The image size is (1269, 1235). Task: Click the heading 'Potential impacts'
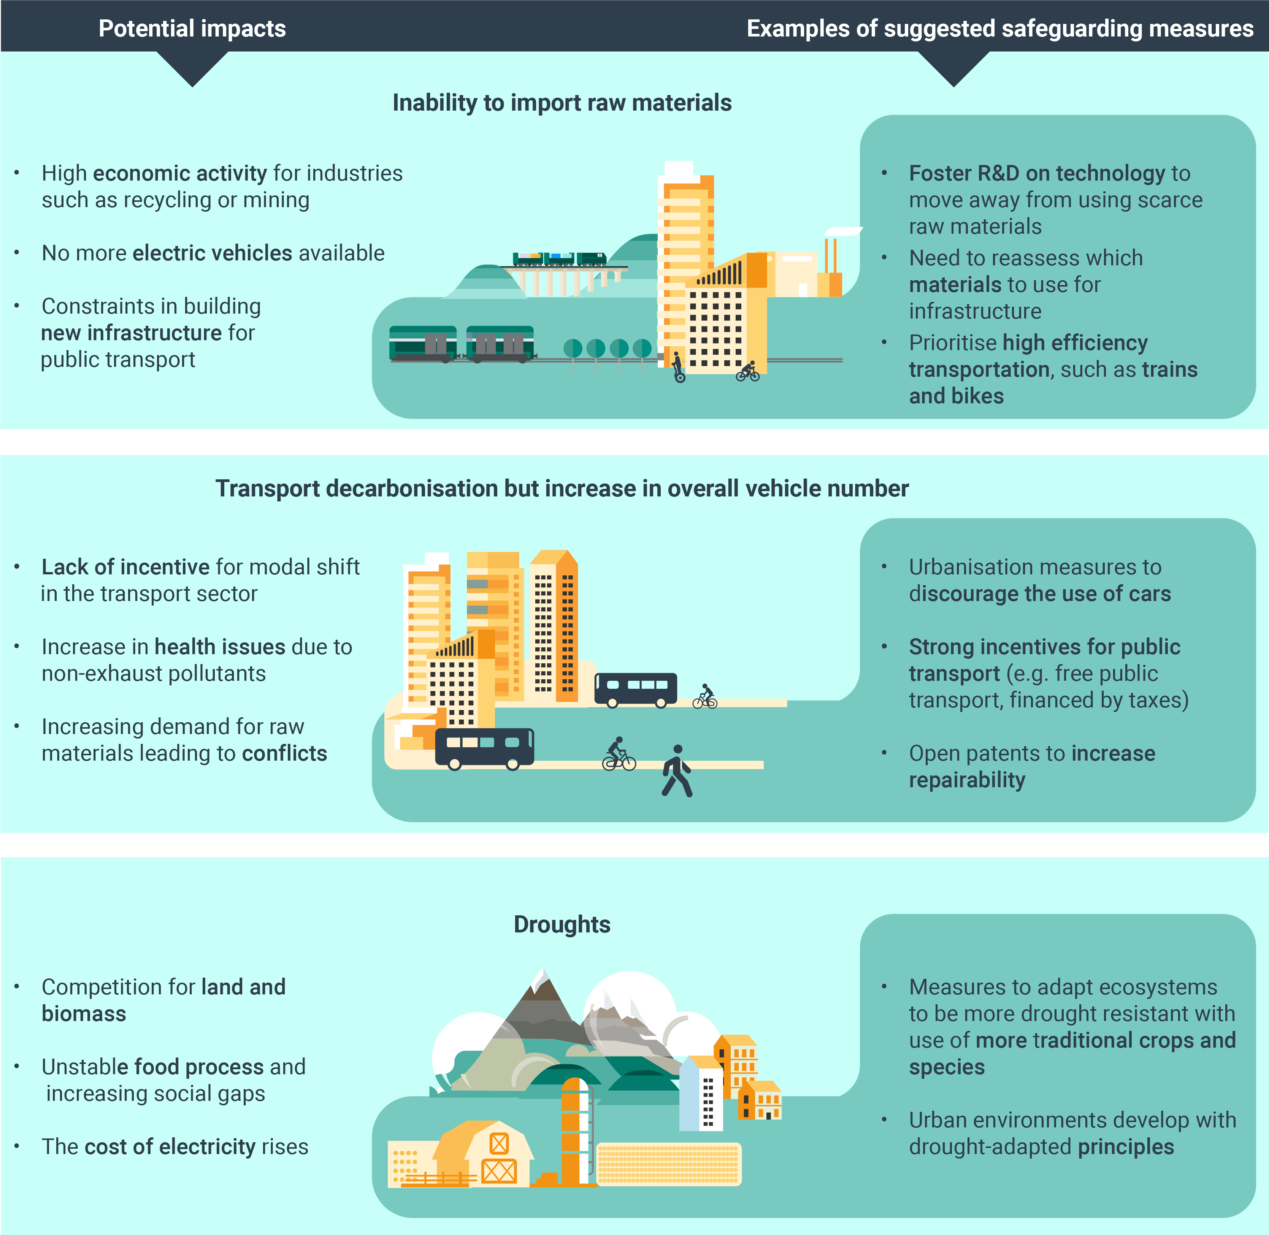point(192,29)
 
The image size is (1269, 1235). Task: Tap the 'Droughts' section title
point(562,924)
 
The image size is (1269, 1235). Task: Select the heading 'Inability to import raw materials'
point(562,103)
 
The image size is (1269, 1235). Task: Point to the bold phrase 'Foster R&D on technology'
point(1037,173)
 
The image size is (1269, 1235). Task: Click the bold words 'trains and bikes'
point(1051,383)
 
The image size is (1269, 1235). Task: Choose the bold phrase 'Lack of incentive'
point(125,567)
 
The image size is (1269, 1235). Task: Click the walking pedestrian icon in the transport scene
point(677,770)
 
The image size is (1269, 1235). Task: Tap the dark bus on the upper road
point(636,690)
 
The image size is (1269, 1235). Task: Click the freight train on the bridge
point(559,260)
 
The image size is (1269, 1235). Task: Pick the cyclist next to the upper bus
point(705,697)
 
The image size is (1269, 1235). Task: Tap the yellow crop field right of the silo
point(668,1164)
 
